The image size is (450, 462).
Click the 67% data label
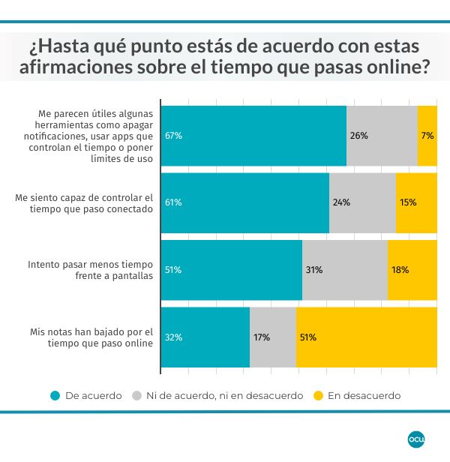173,136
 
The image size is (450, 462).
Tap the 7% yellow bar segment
427,136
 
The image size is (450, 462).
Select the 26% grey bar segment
382,136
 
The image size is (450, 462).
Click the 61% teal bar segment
245,202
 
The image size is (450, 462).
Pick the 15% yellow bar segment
416,202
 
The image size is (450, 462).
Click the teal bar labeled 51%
232,270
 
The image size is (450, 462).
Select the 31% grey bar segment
344,270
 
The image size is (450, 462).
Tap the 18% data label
400,270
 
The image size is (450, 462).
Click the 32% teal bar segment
205,337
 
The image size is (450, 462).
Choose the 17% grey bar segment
273,337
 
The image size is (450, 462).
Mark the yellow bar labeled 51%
367,337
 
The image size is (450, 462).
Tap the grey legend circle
136,395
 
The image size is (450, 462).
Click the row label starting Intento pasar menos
90,270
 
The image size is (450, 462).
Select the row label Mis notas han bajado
90,337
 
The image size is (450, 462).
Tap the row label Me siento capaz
84,202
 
